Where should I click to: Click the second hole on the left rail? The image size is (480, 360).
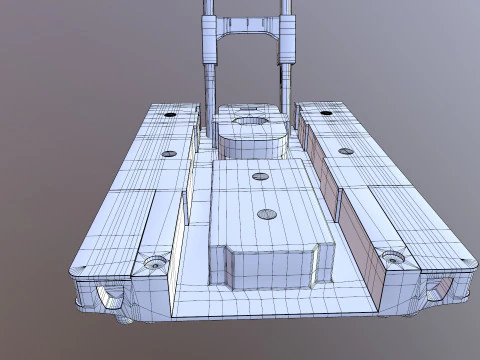169,154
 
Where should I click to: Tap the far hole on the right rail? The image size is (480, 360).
327,113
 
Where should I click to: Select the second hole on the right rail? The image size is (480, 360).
346,152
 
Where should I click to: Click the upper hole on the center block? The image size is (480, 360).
261,177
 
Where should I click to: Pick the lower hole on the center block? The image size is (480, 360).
266,213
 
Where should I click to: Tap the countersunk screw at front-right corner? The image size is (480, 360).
397,258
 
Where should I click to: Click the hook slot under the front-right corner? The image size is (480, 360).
440,290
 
